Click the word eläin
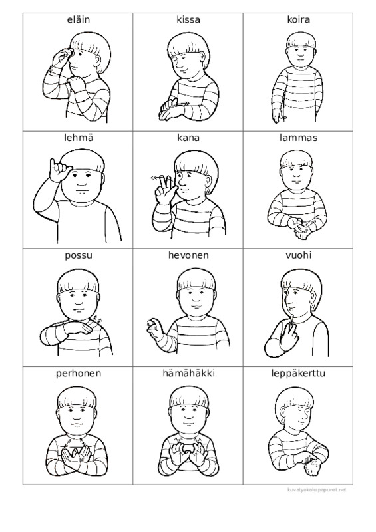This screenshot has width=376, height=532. coord(79,20)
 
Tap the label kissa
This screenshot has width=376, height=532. coord(188,20)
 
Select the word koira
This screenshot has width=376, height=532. coord(298,20)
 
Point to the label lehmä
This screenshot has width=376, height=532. coord(79,138)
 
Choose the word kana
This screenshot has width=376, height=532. coord(188,138)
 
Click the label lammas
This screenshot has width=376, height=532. coord(298,138)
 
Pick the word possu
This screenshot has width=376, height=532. coord(79,255)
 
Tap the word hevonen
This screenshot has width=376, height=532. coord(188,255)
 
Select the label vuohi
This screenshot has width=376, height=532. coord(298,255)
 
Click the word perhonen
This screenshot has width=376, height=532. coord(79,374)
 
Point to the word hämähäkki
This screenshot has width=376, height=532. coord(188,373)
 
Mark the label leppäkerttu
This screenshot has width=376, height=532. coord(298,374)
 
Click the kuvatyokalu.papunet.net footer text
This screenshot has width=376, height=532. coord(317,490)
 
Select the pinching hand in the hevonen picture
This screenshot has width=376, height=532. coord(154,328)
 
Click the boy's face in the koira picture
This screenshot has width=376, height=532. coord(299,53)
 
